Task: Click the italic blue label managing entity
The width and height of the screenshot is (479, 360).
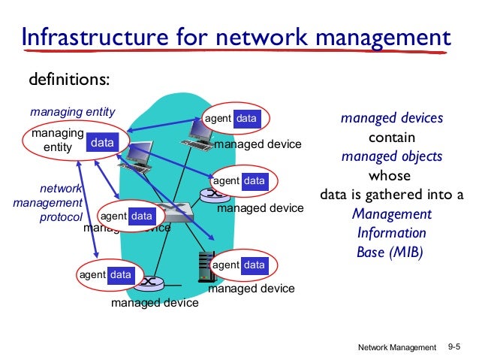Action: pyautogui.click(x=72, y=112)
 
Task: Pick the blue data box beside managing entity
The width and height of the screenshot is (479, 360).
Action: pyautogui.click(x=102, y=142)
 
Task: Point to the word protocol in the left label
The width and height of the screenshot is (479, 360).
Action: pyautogui.click(x=61, y=217)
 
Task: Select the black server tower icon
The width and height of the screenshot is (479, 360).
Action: pyautogui.click(x=202, y=267)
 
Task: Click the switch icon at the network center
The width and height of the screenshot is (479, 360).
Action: pyautogui.click(x=177, y=213)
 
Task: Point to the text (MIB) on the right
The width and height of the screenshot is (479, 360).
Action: pyautogui.click(x=406, y=252)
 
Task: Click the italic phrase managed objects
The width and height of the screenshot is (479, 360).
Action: pyautogui.click(x=391, y=156)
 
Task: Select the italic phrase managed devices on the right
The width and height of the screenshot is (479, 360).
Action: pyautogui.click(x=391, y=118)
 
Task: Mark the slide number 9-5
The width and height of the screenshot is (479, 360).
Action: pyautogui.click(x=455, y=346)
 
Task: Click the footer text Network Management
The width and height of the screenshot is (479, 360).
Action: pyautogui.click(x=396, y=347)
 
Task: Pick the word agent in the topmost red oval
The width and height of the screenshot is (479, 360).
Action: pyautogui.click(x=218, y=119)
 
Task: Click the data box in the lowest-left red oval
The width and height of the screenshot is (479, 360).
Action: pyautogui.click(x=120, y=275)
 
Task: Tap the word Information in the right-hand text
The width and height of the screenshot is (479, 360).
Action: pyautogui.click(x=391, y=232)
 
